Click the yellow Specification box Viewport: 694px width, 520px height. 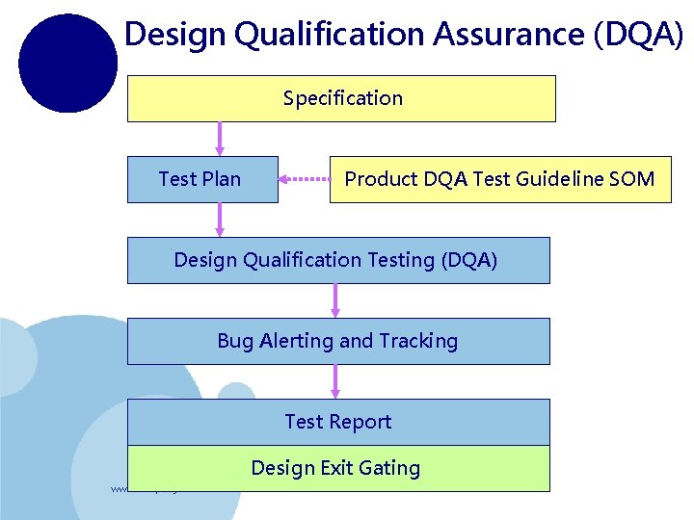(x=341, y=98)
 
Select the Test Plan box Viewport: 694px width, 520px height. (x=201, y=179)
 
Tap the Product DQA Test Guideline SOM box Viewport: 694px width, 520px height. (x=499, y=179)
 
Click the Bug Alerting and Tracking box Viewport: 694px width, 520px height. (x=337, y=341)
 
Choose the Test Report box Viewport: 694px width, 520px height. (x=337, y=422)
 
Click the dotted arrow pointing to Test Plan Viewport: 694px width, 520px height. (x=304, y=179)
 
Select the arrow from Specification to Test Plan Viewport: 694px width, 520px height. (x=220, y=139)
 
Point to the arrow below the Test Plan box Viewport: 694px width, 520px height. (x=220, y=220)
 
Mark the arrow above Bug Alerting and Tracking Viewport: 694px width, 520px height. (x=335, y=300)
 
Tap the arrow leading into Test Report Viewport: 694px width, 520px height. (x=335, y=381)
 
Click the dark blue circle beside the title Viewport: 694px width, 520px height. (x=67, y=64)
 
